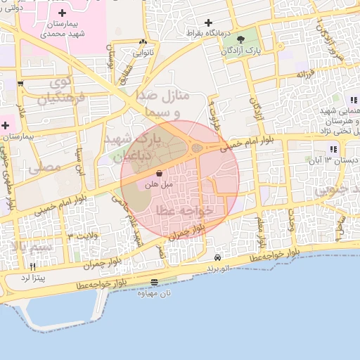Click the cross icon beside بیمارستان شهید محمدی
coord(63,13)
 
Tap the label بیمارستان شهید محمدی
coord(63,29)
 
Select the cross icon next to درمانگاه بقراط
coord(209,23)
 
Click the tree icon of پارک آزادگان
coord(241,39)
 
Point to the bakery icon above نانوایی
coord(143,42)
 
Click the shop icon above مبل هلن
coord(159,173)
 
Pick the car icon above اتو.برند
coord(219,258)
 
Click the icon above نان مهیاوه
coord(154,283)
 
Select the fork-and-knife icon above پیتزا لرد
coord(32,267)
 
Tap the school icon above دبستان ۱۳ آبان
coord(333,149)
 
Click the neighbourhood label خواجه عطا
coord(178,210)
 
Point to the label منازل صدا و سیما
coord(169,103)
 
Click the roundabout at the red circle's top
coord(198,148)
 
